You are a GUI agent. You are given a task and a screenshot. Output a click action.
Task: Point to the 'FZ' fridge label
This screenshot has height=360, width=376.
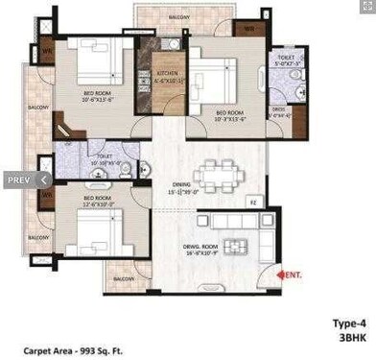click(253, 203)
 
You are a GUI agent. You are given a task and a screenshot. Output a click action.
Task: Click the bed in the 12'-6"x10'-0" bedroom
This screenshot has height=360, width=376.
click(96, 230)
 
